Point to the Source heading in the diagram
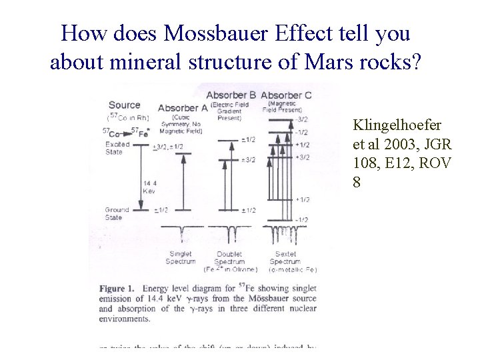[x=124, y=105]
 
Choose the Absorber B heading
[x=231, y=95]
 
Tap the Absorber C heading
[x=286, y=95]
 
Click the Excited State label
[x=118, y=148]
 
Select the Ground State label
[x=117, y=213]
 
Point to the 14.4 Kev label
[x=150, y=187]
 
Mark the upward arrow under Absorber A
[x=182, y=180]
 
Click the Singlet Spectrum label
[x=181, y=258]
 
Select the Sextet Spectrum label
[x=287, y=258]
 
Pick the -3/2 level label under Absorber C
[x=301, y=119]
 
